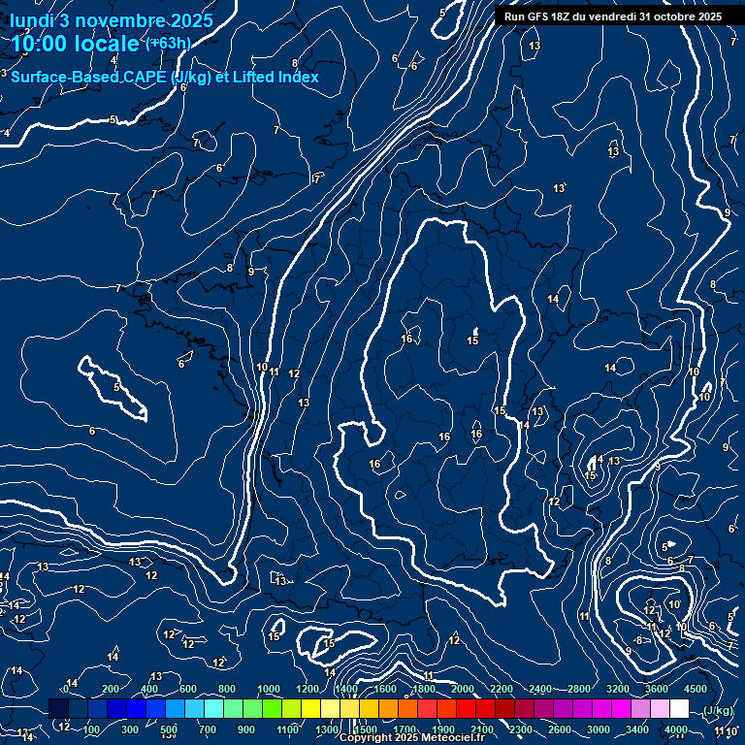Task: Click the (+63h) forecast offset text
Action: (167, 44)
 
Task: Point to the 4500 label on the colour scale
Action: (695, 689)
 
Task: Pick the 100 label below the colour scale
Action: (92, 729)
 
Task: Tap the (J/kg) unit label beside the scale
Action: (717, 711)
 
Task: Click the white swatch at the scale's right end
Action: (679, 709)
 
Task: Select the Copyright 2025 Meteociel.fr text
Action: (412, 738)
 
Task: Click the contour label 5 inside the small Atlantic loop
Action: (116, 387)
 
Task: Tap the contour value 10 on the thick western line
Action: (262, 367)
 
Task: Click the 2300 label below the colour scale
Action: (520, 729)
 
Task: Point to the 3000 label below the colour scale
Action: (599, 729)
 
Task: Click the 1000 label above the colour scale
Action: (268, 689)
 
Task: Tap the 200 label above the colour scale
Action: (111, 689)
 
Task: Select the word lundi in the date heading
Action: (32, 21)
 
